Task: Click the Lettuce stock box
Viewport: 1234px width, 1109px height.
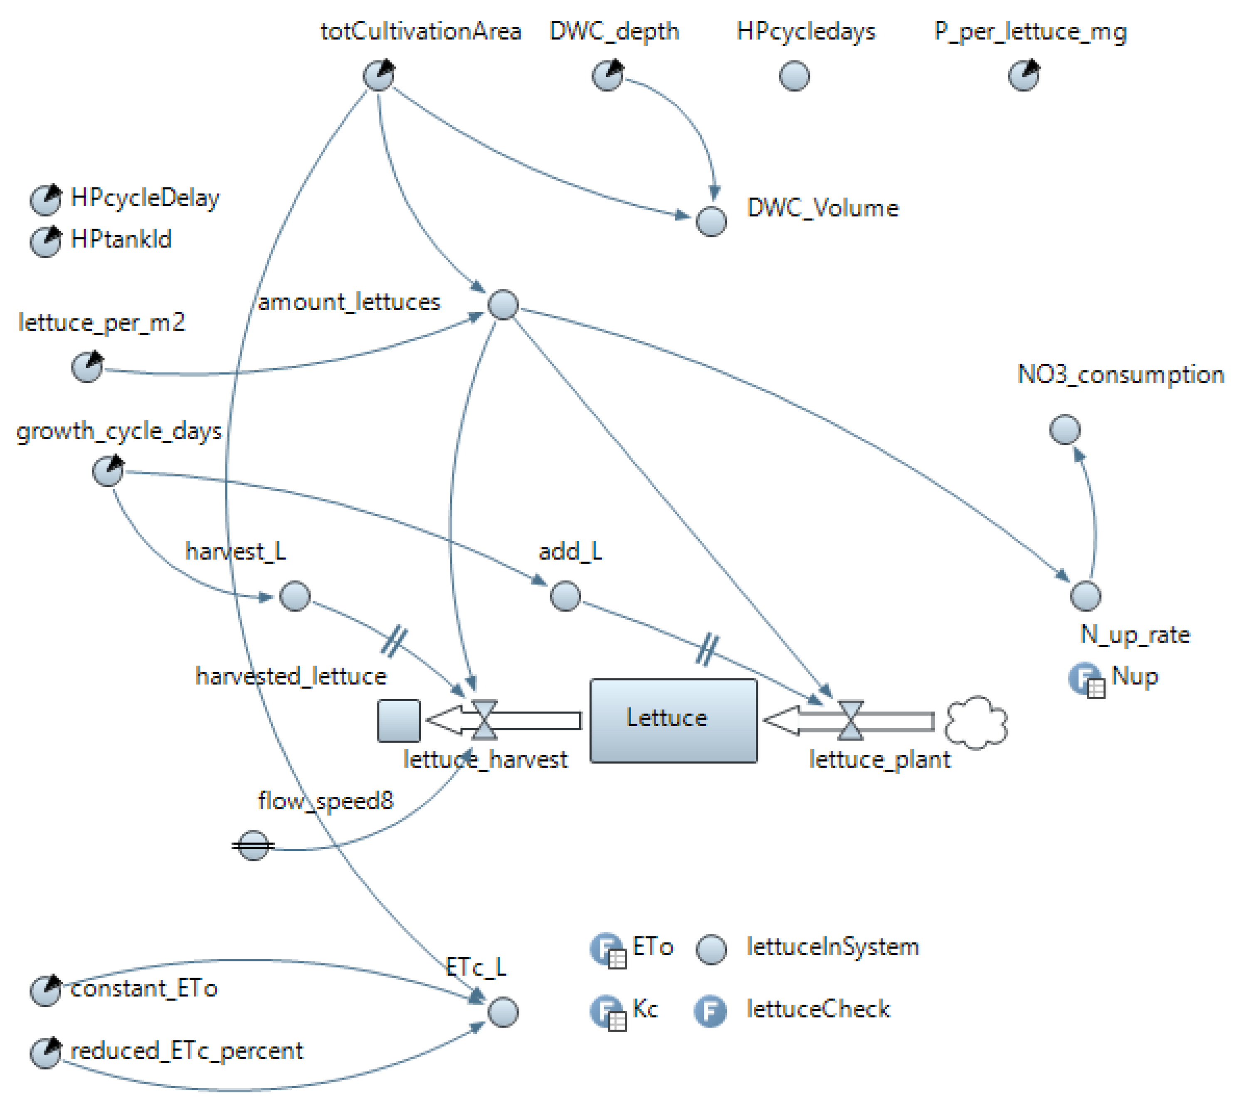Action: pos(674,720)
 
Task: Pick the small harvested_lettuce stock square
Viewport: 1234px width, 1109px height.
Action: pos(399,720)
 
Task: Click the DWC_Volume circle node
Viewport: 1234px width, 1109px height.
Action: pos(711,221)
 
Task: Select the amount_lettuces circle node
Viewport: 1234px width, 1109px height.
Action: pos(503,304)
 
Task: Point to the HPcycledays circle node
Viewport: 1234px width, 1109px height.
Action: pos(794,76)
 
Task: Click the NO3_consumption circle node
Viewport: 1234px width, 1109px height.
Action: pos(1065,429)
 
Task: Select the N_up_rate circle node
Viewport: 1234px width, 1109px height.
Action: pos(1085,595)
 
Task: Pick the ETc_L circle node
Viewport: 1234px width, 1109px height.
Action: pos(503,1011)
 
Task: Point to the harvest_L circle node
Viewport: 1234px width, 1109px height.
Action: pos(295,595)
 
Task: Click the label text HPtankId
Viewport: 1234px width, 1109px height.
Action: pos(121,239)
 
